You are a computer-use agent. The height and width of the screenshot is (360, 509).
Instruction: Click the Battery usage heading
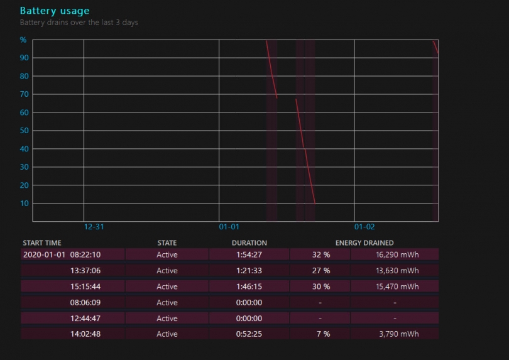[55, 11]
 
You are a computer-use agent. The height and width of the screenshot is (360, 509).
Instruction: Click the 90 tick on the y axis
[24, 58]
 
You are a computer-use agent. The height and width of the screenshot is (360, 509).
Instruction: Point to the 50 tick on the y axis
[24, 131]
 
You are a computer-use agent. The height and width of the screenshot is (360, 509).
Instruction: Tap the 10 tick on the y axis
[24, 204]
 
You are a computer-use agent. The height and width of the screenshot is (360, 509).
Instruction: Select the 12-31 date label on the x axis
[94, 227]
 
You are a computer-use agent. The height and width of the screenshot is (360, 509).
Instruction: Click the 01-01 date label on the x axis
[229, 227]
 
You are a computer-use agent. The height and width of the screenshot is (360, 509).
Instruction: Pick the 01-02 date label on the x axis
[364, 227]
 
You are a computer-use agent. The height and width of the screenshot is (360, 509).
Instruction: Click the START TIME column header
[42, 243]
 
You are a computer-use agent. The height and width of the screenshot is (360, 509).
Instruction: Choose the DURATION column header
[249, 243]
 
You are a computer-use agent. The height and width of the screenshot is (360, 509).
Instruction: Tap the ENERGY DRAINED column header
[364, 243]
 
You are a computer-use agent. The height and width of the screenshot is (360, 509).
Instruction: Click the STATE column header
[167, 243]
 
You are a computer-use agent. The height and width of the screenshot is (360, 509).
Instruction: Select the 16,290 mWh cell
[397, 254]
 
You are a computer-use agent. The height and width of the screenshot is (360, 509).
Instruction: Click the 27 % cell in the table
[321, 271]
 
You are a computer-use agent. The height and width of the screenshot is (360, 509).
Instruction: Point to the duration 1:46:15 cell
[249, 286]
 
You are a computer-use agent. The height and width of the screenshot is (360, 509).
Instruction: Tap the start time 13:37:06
[85, 271]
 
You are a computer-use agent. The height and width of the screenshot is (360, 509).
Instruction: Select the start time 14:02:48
[85, 334]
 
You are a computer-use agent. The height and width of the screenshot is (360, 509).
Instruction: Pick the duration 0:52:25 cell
[249, 334]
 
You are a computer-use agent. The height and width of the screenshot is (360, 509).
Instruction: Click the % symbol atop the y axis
[23, 40]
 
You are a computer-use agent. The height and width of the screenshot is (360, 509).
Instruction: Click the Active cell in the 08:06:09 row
[167, 302]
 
